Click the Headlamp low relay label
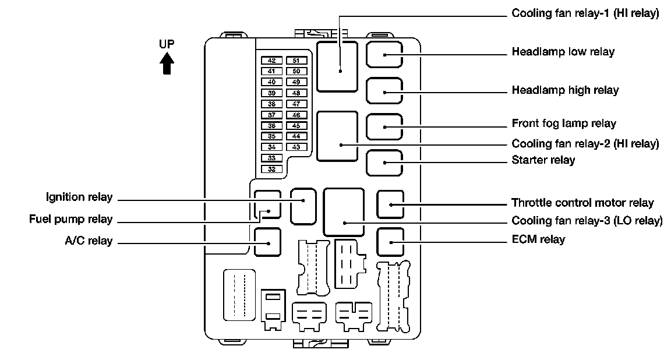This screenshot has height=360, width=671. (563, 52)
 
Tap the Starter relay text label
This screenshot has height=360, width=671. (543, 160)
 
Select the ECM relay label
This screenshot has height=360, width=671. (538, 239)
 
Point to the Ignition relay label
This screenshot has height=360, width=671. (79, 197)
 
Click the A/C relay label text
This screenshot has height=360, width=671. (89, 241)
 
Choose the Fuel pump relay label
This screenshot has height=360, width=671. (70, 220)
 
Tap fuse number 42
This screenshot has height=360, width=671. (272, 61)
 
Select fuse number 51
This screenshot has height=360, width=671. (296, 61)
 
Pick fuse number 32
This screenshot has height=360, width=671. (272, 169)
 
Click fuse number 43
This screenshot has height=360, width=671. (296, 147)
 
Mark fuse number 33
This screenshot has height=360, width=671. (272, 158)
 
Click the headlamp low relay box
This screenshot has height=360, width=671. (384, 54)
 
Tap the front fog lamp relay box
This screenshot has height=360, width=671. (384, 126)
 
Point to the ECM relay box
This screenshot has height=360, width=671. (390, 242)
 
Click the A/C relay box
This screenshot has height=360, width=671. (267, 242)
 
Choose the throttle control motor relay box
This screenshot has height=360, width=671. (390, 203)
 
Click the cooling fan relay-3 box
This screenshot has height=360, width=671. (344, 211)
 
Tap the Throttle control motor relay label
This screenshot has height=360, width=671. (582, 203)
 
